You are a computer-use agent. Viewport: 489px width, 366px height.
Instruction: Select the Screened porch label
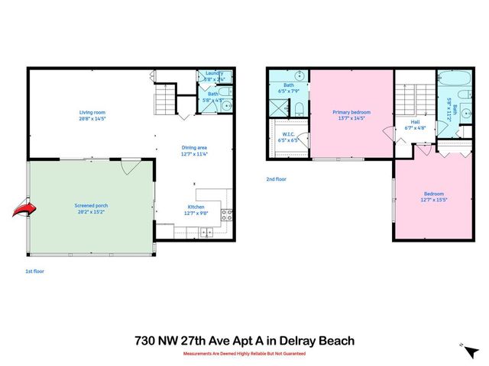(x=92, y=210)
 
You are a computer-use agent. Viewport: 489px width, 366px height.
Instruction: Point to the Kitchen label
(x=196, y=210)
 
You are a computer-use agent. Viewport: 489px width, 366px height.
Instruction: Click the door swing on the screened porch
(x=129, y=166)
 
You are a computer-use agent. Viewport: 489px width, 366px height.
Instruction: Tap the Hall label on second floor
(x=415, y=125)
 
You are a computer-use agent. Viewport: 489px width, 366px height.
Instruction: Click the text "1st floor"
(x=35, y=270)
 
